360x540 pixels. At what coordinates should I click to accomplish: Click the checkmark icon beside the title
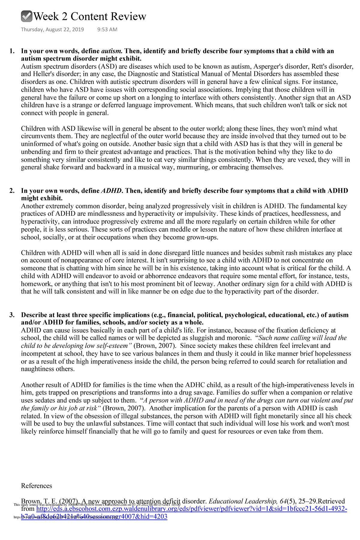[27, 16]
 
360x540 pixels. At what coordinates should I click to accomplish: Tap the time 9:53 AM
[107, 29]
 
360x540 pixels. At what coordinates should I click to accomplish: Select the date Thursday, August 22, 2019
[52, 29]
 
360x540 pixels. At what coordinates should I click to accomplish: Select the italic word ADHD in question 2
[112, 191]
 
